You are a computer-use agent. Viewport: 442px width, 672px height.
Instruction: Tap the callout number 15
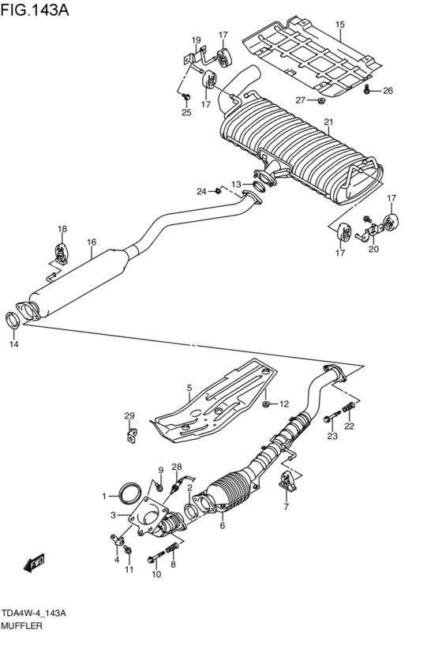339,24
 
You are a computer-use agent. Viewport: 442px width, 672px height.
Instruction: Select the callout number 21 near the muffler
328,122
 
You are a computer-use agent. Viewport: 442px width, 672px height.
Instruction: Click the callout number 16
92,242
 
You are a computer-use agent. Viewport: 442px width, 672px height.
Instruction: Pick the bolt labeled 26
369,91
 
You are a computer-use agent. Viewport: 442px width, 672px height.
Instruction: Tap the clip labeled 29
129,434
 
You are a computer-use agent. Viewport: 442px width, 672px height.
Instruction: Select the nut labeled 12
267,403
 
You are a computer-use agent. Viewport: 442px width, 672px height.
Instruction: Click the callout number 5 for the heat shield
189,388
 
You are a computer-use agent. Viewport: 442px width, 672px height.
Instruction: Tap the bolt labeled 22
346,410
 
